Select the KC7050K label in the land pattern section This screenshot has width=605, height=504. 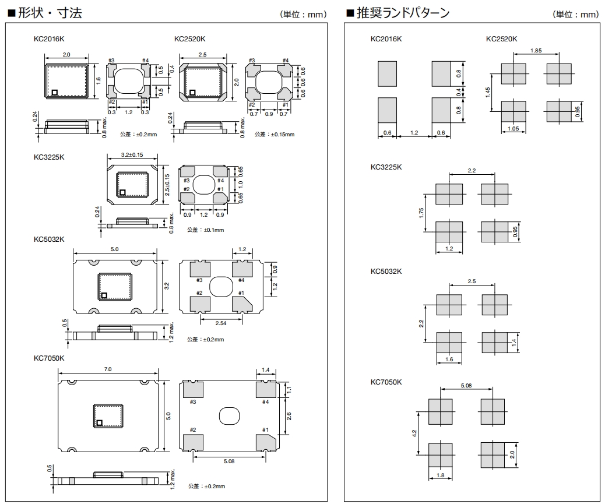pos(386,382)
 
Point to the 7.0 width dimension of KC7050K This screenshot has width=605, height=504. pos(107,369)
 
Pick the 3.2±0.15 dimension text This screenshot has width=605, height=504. pos(132,156)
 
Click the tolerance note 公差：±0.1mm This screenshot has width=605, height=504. pos(205,230)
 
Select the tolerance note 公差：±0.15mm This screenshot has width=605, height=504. pos(275,135)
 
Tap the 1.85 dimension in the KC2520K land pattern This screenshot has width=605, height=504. pos(536,51)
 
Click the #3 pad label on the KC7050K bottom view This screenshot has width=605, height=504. pos(192,402)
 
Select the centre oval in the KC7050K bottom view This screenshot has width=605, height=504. pos(229,416)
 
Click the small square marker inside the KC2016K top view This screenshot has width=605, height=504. pos(54,91)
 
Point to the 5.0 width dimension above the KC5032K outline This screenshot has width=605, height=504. pos(114,249)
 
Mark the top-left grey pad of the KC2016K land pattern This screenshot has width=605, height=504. pos(387,74)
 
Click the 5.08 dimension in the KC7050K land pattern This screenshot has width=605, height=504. pos(466,385)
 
